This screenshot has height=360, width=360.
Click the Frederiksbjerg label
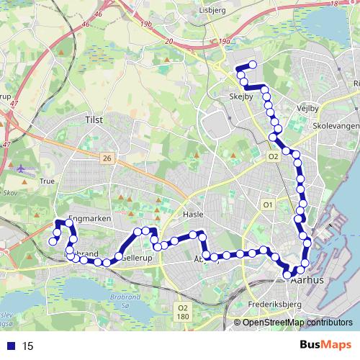(277, 305)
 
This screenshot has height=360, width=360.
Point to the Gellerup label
(136, 257)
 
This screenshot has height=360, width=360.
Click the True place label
(48, 182)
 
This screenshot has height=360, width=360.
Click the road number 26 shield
(107, 158)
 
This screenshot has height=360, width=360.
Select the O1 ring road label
(268, 205)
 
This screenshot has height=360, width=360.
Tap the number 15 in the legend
(28, 346)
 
